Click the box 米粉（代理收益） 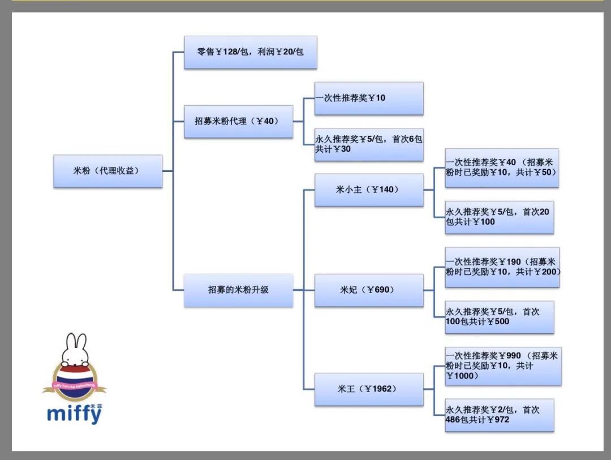click(108, 171)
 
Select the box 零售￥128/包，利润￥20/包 click(250, 53)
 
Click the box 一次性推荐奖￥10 click(368, 98)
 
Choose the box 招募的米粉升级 click(238, 290)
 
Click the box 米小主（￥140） click(368, 190)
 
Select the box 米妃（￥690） click(368, 290)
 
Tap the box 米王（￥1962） click(368, 389)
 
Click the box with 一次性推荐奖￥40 click(501, 167)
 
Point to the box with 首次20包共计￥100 click(499, 217)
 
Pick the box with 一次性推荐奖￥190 click(502, 267)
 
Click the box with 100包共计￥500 click(499, 317)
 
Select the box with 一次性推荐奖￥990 click(502, 366)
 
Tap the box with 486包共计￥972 click(499, 415)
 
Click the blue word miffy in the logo click(74, 414)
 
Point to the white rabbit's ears click(75, 343)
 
